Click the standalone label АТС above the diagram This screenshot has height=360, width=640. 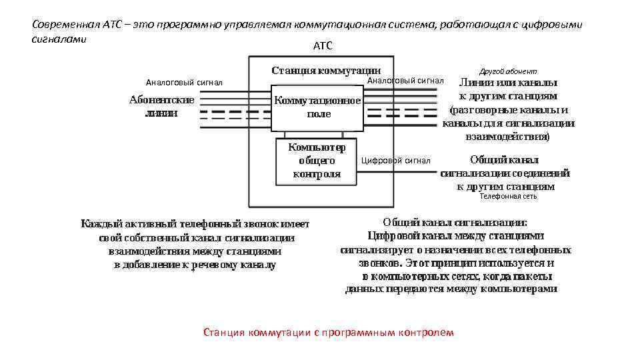322,46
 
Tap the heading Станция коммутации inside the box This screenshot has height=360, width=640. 326,70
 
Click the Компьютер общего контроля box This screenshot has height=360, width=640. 316,160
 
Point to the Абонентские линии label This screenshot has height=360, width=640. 162,106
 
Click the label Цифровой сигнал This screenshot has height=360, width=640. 395,161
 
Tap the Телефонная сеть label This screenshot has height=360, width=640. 508,196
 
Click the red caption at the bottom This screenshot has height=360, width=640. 328,332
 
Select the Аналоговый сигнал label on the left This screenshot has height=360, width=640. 184,83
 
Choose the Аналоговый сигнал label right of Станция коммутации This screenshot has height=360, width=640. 405,80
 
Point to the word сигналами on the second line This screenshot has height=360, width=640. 59,39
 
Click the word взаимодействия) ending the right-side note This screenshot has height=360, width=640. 507,136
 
